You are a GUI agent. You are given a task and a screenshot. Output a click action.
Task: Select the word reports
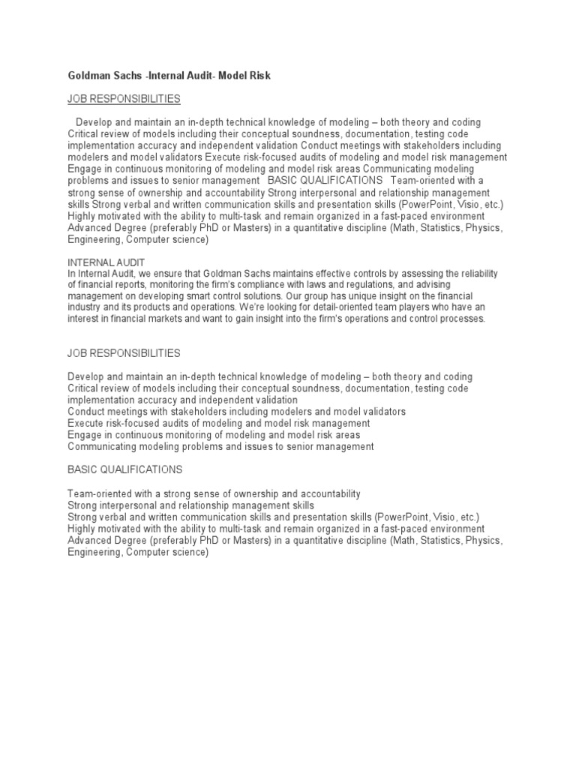139,284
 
